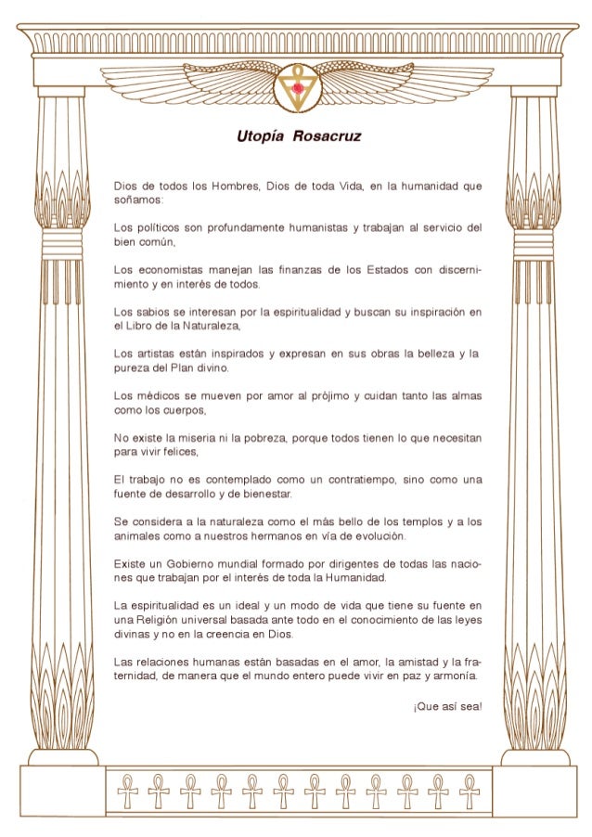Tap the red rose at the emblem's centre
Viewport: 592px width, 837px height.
click(x=297, y=87)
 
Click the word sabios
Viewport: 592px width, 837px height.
click(x=153, y=313)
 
